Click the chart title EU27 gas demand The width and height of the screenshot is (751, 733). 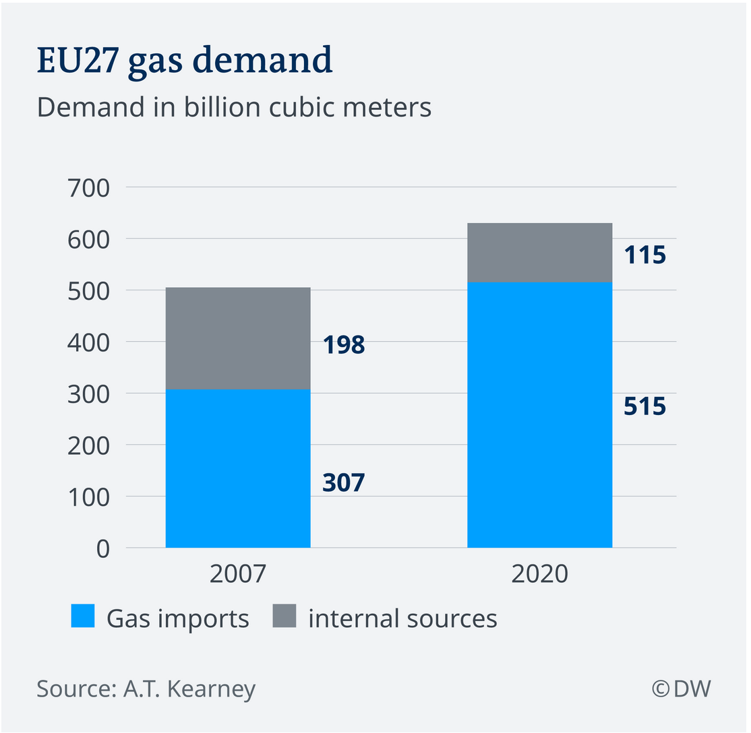tap(185, 61)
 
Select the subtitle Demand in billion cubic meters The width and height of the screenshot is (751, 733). tap(234, 108)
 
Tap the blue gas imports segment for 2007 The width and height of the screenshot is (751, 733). tap(238, 468)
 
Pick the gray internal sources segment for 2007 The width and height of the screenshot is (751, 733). tap(238, 338)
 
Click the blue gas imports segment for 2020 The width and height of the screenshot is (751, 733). tap(539, 414)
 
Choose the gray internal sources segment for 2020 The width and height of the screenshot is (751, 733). tap(539, 252)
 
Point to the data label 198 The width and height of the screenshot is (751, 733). tap(343, 345)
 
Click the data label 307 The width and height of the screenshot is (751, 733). tap(343, 482)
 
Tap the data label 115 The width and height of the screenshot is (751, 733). tap(644, 255)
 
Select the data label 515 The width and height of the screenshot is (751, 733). tap(644, 407)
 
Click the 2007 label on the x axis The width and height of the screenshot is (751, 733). tap(238, 574)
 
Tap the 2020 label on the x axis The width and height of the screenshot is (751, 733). tap(539, 574)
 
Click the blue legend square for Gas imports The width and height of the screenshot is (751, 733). tap(82, 616)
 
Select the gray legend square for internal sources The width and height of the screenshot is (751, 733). tap(284, 616)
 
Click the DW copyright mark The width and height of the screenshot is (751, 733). tap(681, 689)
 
